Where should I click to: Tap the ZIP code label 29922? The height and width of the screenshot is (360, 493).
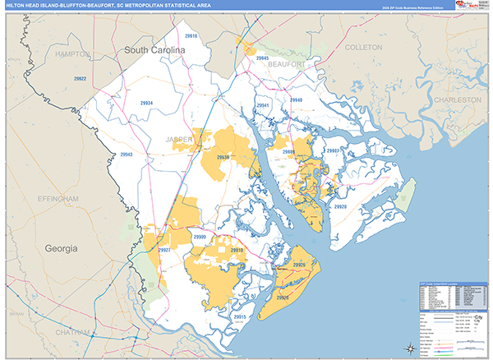(80, 79)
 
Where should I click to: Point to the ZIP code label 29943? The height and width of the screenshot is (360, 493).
(126, 155)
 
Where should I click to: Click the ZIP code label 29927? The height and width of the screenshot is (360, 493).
(164, 249)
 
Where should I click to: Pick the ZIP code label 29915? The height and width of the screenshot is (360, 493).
(240, 316)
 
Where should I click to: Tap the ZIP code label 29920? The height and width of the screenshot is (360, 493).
(340, 206)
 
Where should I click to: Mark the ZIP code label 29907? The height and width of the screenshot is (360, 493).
(333, 151)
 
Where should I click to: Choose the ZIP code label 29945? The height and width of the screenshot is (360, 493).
(263, 59)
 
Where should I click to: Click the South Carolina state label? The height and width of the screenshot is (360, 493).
(156, 51)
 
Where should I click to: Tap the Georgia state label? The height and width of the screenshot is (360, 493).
(61, 247)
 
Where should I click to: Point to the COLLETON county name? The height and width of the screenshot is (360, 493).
(362, 48)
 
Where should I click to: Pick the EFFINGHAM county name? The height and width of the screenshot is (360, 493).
(57, 199)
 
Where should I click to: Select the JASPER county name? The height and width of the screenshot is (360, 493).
(178, 140)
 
